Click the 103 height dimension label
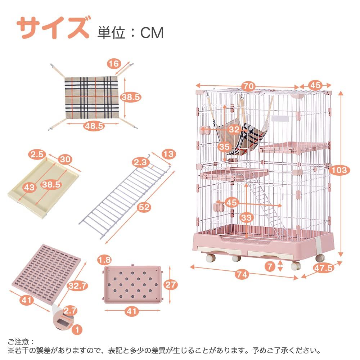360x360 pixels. (x=339, y=170)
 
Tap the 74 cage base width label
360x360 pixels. (x=243, y=274)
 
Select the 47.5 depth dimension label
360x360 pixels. (x=323, y=268)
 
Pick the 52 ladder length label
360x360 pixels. (x=144, y=207)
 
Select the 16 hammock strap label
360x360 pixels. (x=114, y=64)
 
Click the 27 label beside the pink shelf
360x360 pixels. (x=170, y=285)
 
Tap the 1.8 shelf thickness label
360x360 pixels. (x=105, y=259)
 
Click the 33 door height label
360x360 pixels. (x=247, y=217)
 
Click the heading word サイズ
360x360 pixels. (x=53, y=28)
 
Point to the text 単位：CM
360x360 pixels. (x=130, y=33)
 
